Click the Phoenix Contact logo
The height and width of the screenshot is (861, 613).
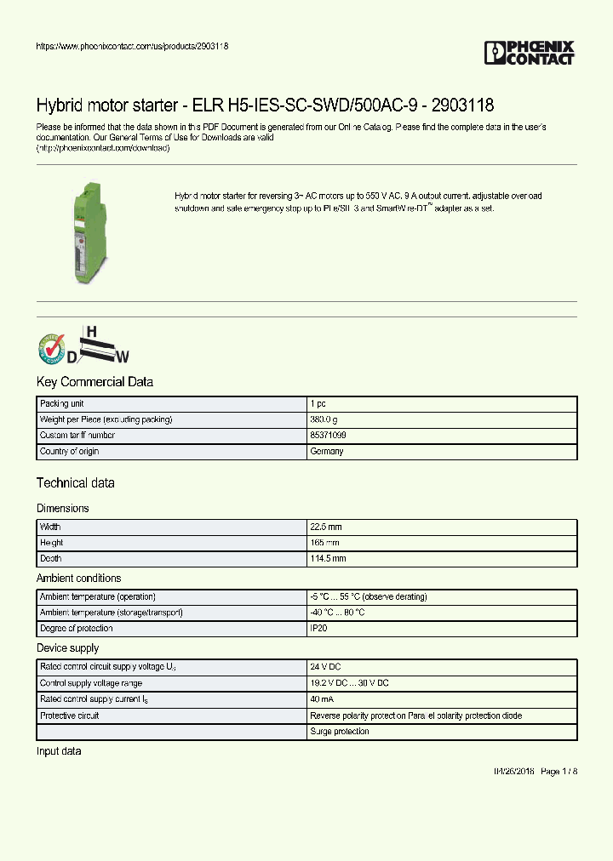pos(529,53)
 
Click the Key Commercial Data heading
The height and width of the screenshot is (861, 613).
pos(95,382)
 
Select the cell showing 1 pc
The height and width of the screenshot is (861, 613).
pos(318,403)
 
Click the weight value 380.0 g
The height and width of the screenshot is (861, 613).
pos(324,419)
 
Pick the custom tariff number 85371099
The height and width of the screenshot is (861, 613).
pos(328,436)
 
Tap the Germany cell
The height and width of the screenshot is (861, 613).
pos(327,452)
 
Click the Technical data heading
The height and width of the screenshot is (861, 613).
pos(75,483)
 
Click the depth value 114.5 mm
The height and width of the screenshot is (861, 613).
pos(328,559)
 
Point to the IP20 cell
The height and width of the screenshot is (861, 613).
pos(318,629)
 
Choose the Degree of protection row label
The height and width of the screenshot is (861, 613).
pos(77,629)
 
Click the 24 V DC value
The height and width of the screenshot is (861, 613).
pos(325,667)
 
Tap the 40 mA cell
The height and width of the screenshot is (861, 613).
pos(322,699)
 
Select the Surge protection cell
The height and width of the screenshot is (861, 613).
pos(340,732)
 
